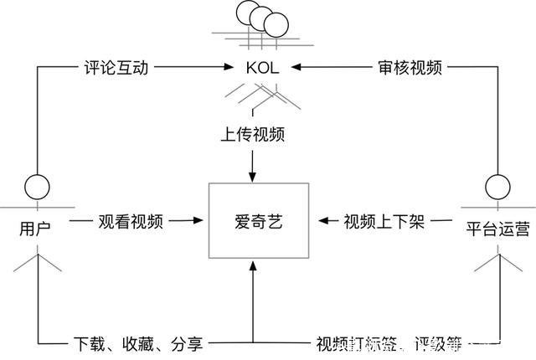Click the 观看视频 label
point(131,222)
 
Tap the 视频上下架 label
point(384,222)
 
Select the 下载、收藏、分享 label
point(137,343)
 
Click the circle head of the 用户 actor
point(35,184)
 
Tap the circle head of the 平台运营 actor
point(497,184)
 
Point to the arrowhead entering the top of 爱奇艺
point(252,174)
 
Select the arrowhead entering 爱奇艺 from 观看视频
point(198,222)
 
